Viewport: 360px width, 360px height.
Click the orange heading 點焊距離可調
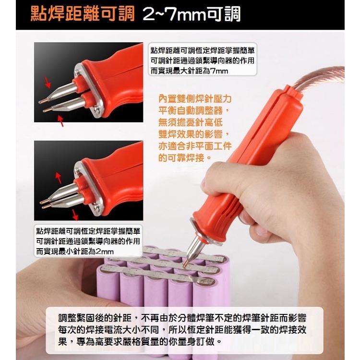tap(83, 14)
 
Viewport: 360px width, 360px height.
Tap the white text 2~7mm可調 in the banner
tap(192, 14)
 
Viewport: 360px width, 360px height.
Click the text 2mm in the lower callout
tap(105, 252)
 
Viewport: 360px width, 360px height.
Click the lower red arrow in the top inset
tap(60, 121)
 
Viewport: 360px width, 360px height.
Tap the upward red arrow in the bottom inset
tap(58, 178)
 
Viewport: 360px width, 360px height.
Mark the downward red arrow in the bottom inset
tap(74, 215)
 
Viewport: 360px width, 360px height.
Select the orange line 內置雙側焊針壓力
tap(195, 99)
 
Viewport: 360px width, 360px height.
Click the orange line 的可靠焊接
tap(185, 158)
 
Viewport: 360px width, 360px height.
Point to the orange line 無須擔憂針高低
tap(191, 122)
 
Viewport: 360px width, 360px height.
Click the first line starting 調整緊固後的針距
tap(182, 318)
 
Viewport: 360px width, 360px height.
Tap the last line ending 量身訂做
tap(140, 341)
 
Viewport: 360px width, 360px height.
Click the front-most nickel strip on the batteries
tap(156, 275)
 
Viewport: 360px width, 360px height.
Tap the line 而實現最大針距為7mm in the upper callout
tap(190, 71)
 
